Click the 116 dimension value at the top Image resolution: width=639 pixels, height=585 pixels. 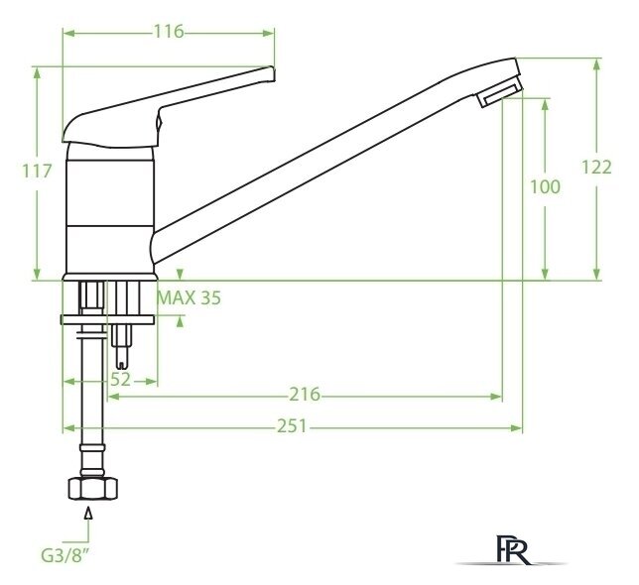click(x=169, y=32)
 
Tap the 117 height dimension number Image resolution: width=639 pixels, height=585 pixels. click(x=37, y=171)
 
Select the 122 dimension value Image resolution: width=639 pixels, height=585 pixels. click(x=596, y=168)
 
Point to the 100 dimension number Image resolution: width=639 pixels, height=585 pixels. click(x=545, y=186)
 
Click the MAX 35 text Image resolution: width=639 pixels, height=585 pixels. click(x=190, y=298)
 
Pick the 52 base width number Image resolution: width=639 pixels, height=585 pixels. click(x=121, y=380)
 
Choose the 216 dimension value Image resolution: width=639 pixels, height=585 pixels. click(x=305, y=395)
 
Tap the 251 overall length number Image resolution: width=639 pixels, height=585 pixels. click(x=293, y=426)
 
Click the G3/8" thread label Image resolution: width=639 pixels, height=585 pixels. click(x=65, y=555)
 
